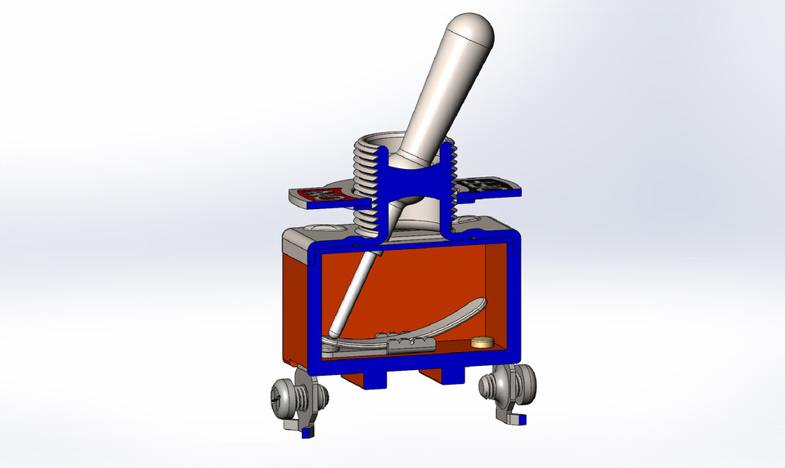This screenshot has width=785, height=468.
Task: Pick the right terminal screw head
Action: [x=524, y=384]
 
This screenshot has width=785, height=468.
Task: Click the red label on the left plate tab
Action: [x=323, y=195]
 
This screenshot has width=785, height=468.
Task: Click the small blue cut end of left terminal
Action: [x=306, y=434]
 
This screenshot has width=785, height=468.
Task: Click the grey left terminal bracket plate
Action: [x=294, y=421]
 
